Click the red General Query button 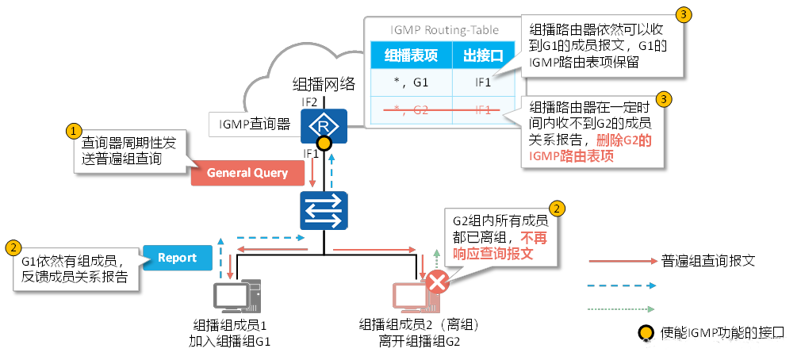(247, 173)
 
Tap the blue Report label (177, 258)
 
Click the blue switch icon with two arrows (324, 210)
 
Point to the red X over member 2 (437, 282)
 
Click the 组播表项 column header (411, 56)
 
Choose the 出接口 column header (483, 56)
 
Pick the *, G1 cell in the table (411, 82)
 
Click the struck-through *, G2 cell (411, 109)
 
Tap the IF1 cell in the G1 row (483, 82)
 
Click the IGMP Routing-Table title (444, 30)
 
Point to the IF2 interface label (310, 102)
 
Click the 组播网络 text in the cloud (324, 84)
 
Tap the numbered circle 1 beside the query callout (73, 129)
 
